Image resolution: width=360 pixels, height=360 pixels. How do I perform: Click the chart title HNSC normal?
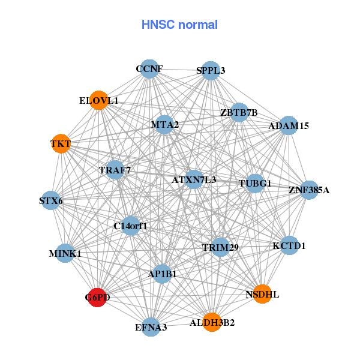point(179,25)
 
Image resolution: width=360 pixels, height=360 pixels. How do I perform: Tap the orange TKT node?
point(61,144)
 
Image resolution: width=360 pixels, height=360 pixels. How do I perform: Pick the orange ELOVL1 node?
point(99,100)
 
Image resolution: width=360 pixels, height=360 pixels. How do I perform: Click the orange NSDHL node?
point(262,294)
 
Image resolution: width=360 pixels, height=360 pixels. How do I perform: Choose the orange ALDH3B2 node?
point(212,322)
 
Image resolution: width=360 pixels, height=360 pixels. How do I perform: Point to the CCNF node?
point(149,69)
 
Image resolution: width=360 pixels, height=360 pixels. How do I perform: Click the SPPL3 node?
point(210,71)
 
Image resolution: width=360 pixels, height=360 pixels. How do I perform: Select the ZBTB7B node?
point(239,112)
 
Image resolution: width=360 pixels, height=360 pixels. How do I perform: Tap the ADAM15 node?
point(289,125)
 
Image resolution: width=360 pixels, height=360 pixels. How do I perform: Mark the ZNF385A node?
point(309,190)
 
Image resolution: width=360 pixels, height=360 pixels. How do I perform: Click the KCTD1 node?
point(289,245)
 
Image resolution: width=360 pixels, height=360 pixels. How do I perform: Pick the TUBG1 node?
point(255,183)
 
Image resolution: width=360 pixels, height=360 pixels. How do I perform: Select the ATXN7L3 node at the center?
point(194,179)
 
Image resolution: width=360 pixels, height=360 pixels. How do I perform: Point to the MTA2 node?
point(165,125)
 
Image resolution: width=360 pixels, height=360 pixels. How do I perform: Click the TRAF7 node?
point(115,170)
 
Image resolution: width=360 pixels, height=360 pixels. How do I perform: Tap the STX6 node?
point(51,200)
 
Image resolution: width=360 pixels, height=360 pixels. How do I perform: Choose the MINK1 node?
point(65,254)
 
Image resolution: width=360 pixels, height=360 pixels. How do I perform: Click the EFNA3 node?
point(151,327)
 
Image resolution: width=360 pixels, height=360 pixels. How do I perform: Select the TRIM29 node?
point(220,247)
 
